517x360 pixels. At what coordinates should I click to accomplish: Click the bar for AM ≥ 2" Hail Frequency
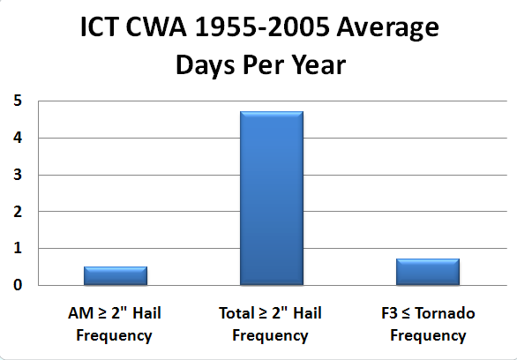pyautogui.click(x=116, y=275)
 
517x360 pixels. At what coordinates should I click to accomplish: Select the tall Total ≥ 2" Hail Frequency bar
pyautogui.click(x=272, y=199)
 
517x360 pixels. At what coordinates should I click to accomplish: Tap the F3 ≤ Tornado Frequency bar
pyautogui.click(x=428, y=272)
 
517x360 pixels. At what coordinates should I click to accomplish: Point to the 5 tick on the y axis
pyautogui.click(x=18, y=101)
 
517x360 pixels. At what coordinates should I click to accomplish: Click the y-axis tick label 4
pyautogui.click(x=18, y=138)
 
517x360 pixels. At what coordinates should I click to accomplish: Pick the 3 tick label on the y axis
pyautogui.click(x=18, y=175)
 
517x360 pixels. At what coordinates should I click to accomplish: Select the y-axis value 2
pyautogui.click(x=18, y=211)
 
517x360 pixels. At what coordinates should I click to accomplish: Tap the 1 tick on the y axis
pyautogui.click(x=18, y=248)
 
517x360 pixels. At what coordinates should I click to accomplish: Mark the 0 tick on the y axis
pyautogui.click(x=18, y=285)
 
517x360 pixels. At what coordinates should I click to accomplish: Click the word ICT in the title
pyautogui.click(x=99, y=27)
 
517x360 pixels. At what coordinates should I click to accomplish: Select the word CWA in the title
pyautogui.click(x=156, y=27)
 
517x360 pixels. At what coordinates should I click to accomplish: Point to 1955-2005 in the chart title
pyautogui.click(x=262, y=27)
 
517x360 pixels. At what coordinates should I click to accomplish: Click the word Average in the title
pyautogui.click(x=388, y=29)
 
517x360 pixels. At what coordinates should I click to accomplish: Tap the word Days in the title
pyautogui.click(x=206, y=65)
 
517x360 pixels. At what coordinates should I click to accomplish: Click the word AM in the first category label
pyautogui.click(x=80, y=313)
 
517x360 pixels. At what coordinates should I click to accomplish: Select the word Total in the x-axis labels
pyautogui.click(x=236, y=313)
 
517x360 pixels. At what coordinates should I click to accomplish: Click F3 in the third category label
pyautogui.click(x=389, y=313)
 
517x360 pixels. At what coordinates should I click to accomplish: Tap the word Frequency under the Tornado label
pyautogui.click(x=428, y=336)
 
